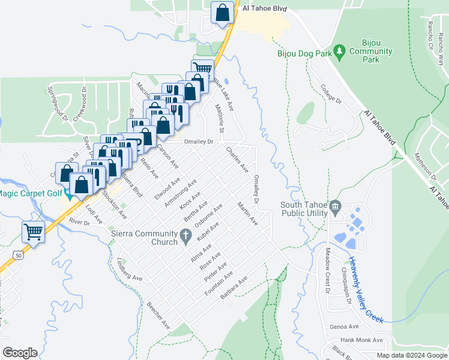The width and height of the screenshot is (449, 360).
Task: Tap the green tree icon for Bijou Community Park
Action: [x=340, y=51]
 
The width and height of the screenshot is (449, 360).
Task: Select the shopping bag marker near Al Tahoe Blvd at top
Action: [x=222, y=12]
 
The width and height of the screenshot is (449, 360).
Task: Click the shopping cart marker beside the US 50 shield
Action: [x=34, y=231]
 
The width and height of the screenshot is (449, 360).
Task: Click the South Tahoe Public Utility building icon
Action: [x=336, y=208]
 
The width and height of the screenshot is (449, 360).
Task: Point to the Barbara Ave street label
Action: [x=234, y=289]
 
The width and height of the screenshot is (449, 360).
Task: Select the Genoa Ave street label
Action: [x=344, y=327]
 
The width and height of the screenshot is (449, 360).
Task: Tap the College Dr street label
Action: [x=331, y=93]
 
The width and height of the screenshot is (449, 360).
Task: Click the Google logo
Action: [x=20, y=353]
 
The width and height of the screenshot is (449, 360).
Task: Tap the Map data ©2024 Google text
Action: [x=411, y=355]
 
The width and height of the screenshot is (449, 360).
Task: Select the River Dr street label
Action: [x=79, y=221]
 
